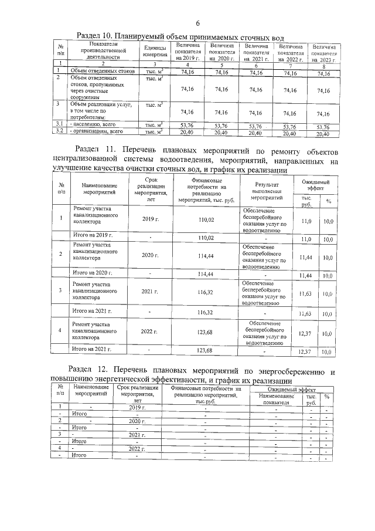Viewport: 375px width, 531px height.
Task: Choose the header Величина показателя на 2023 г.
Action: (x=324, y=53)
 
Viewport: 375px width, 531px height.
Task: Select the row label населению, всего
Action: (x=94, y=125)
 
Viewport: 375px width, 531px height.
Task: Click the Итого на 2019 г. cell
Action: (x=92, y=235)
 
